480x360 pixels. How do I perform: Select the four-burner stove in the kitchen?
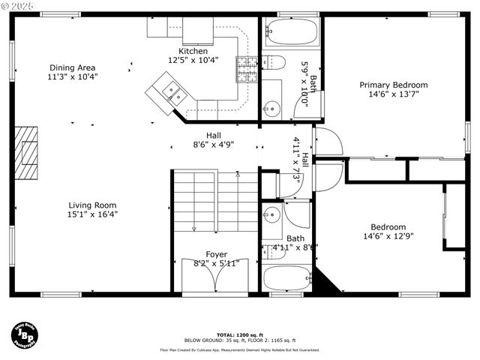click(247, 69)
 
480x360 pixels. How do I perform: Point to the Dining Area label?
click(72, 67)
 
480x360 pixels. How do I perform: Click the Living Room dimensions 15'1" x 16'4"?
click(93, 214)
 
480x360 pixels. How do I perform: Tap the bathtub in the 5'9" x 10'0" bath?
click(291, 32)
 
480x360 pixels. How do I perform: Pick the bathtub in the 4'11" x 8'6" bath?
click(286, 277)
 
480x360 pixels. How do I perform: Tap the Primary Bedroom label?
click(393, 85)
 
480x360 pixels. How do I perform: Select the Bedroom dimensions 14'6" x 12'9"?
click(388, 237)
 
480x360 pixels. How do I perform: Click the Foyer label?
click(216, 254)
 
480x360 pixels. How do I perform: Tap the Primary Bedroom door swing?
click(328, 142)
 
